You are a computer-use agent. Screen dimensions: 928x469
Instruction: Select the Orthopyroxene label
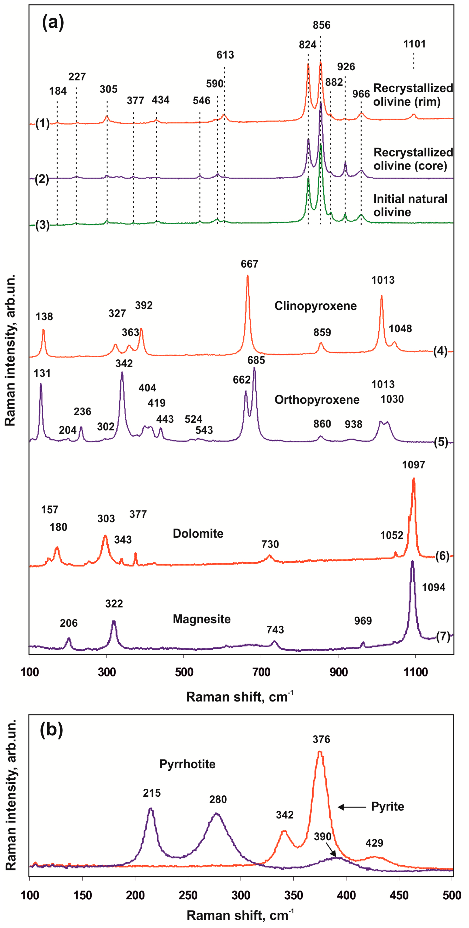[x=317, y=400]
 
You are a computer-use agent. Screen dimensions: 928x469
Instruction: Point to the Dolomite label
[x=198, y=534]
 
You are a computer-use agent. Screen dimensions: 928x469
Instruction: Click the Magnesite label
[x=201, y=619]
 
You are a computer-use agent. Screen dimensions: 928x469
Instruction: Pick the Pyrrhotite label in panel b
[x=187, y=764]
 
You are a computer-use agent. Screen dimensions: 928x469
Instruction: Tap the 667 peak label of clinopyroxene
[x=249, y=264]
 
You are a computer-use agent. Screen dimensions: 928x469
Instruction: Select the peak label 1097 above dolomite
[x=414, y=465]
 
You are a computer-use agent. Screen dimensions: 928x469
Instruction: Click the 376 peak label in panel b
[x=321, y=739]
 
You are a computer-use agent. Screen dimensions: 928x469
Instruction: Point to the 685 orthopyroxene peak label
[x=256, y=360]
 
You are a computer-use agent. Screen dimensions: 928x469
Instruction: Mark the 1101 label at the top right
[x=414, y=44]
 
